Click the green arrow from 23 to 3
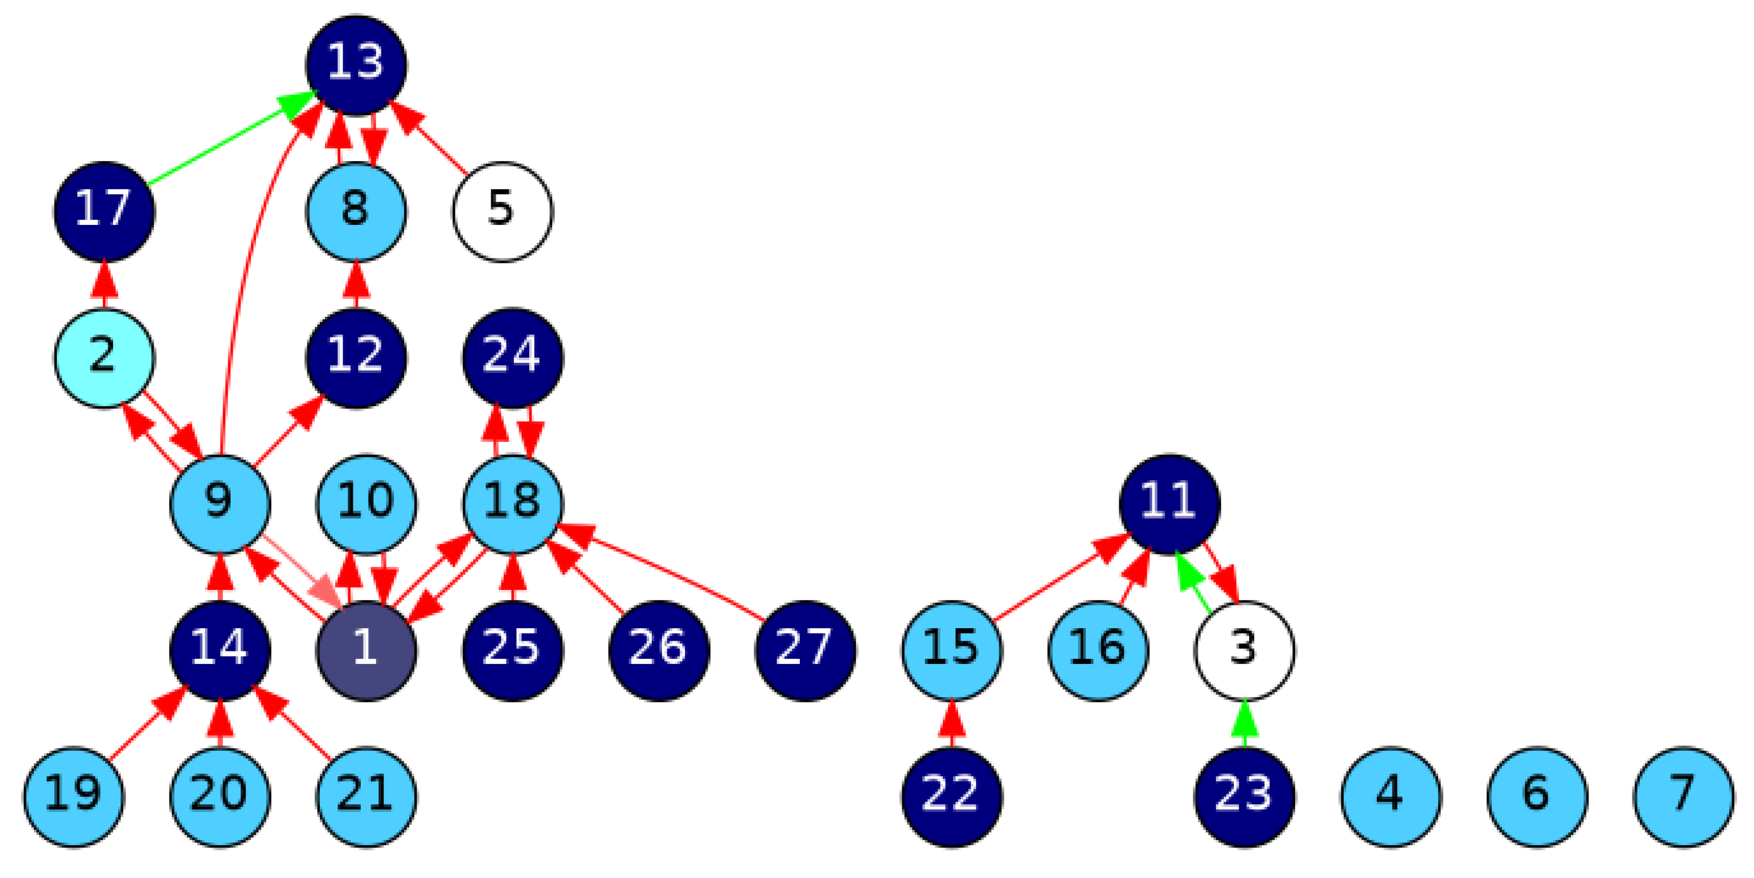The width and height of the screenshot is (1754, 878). click(1245, 728)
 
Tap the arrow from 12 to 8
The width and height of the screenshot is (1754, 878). click(356, 289)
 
